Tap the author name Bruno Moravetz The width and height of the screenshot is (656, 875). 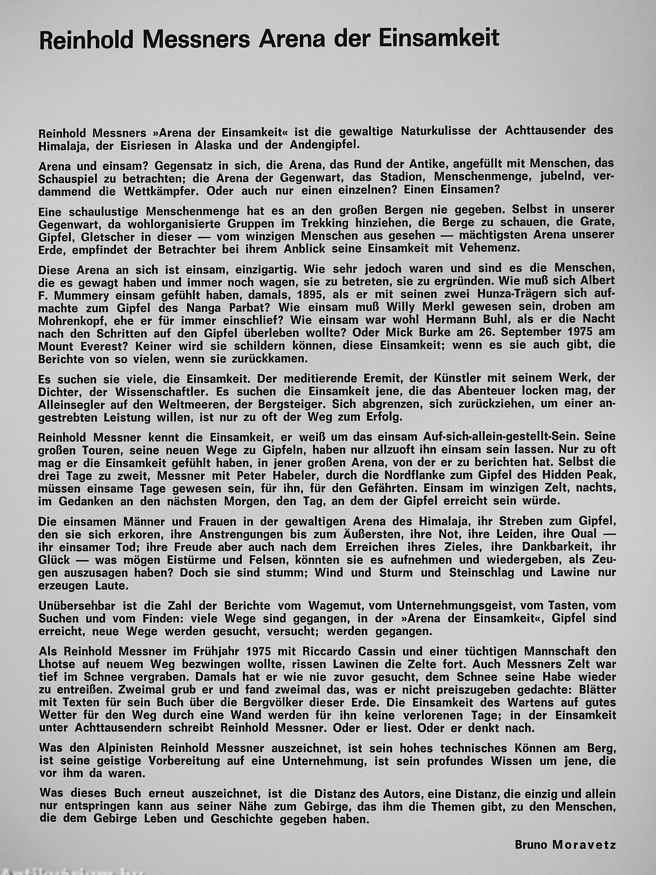pos(565,845)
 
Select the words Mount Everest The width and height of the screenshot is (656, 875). pos(84,347)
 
